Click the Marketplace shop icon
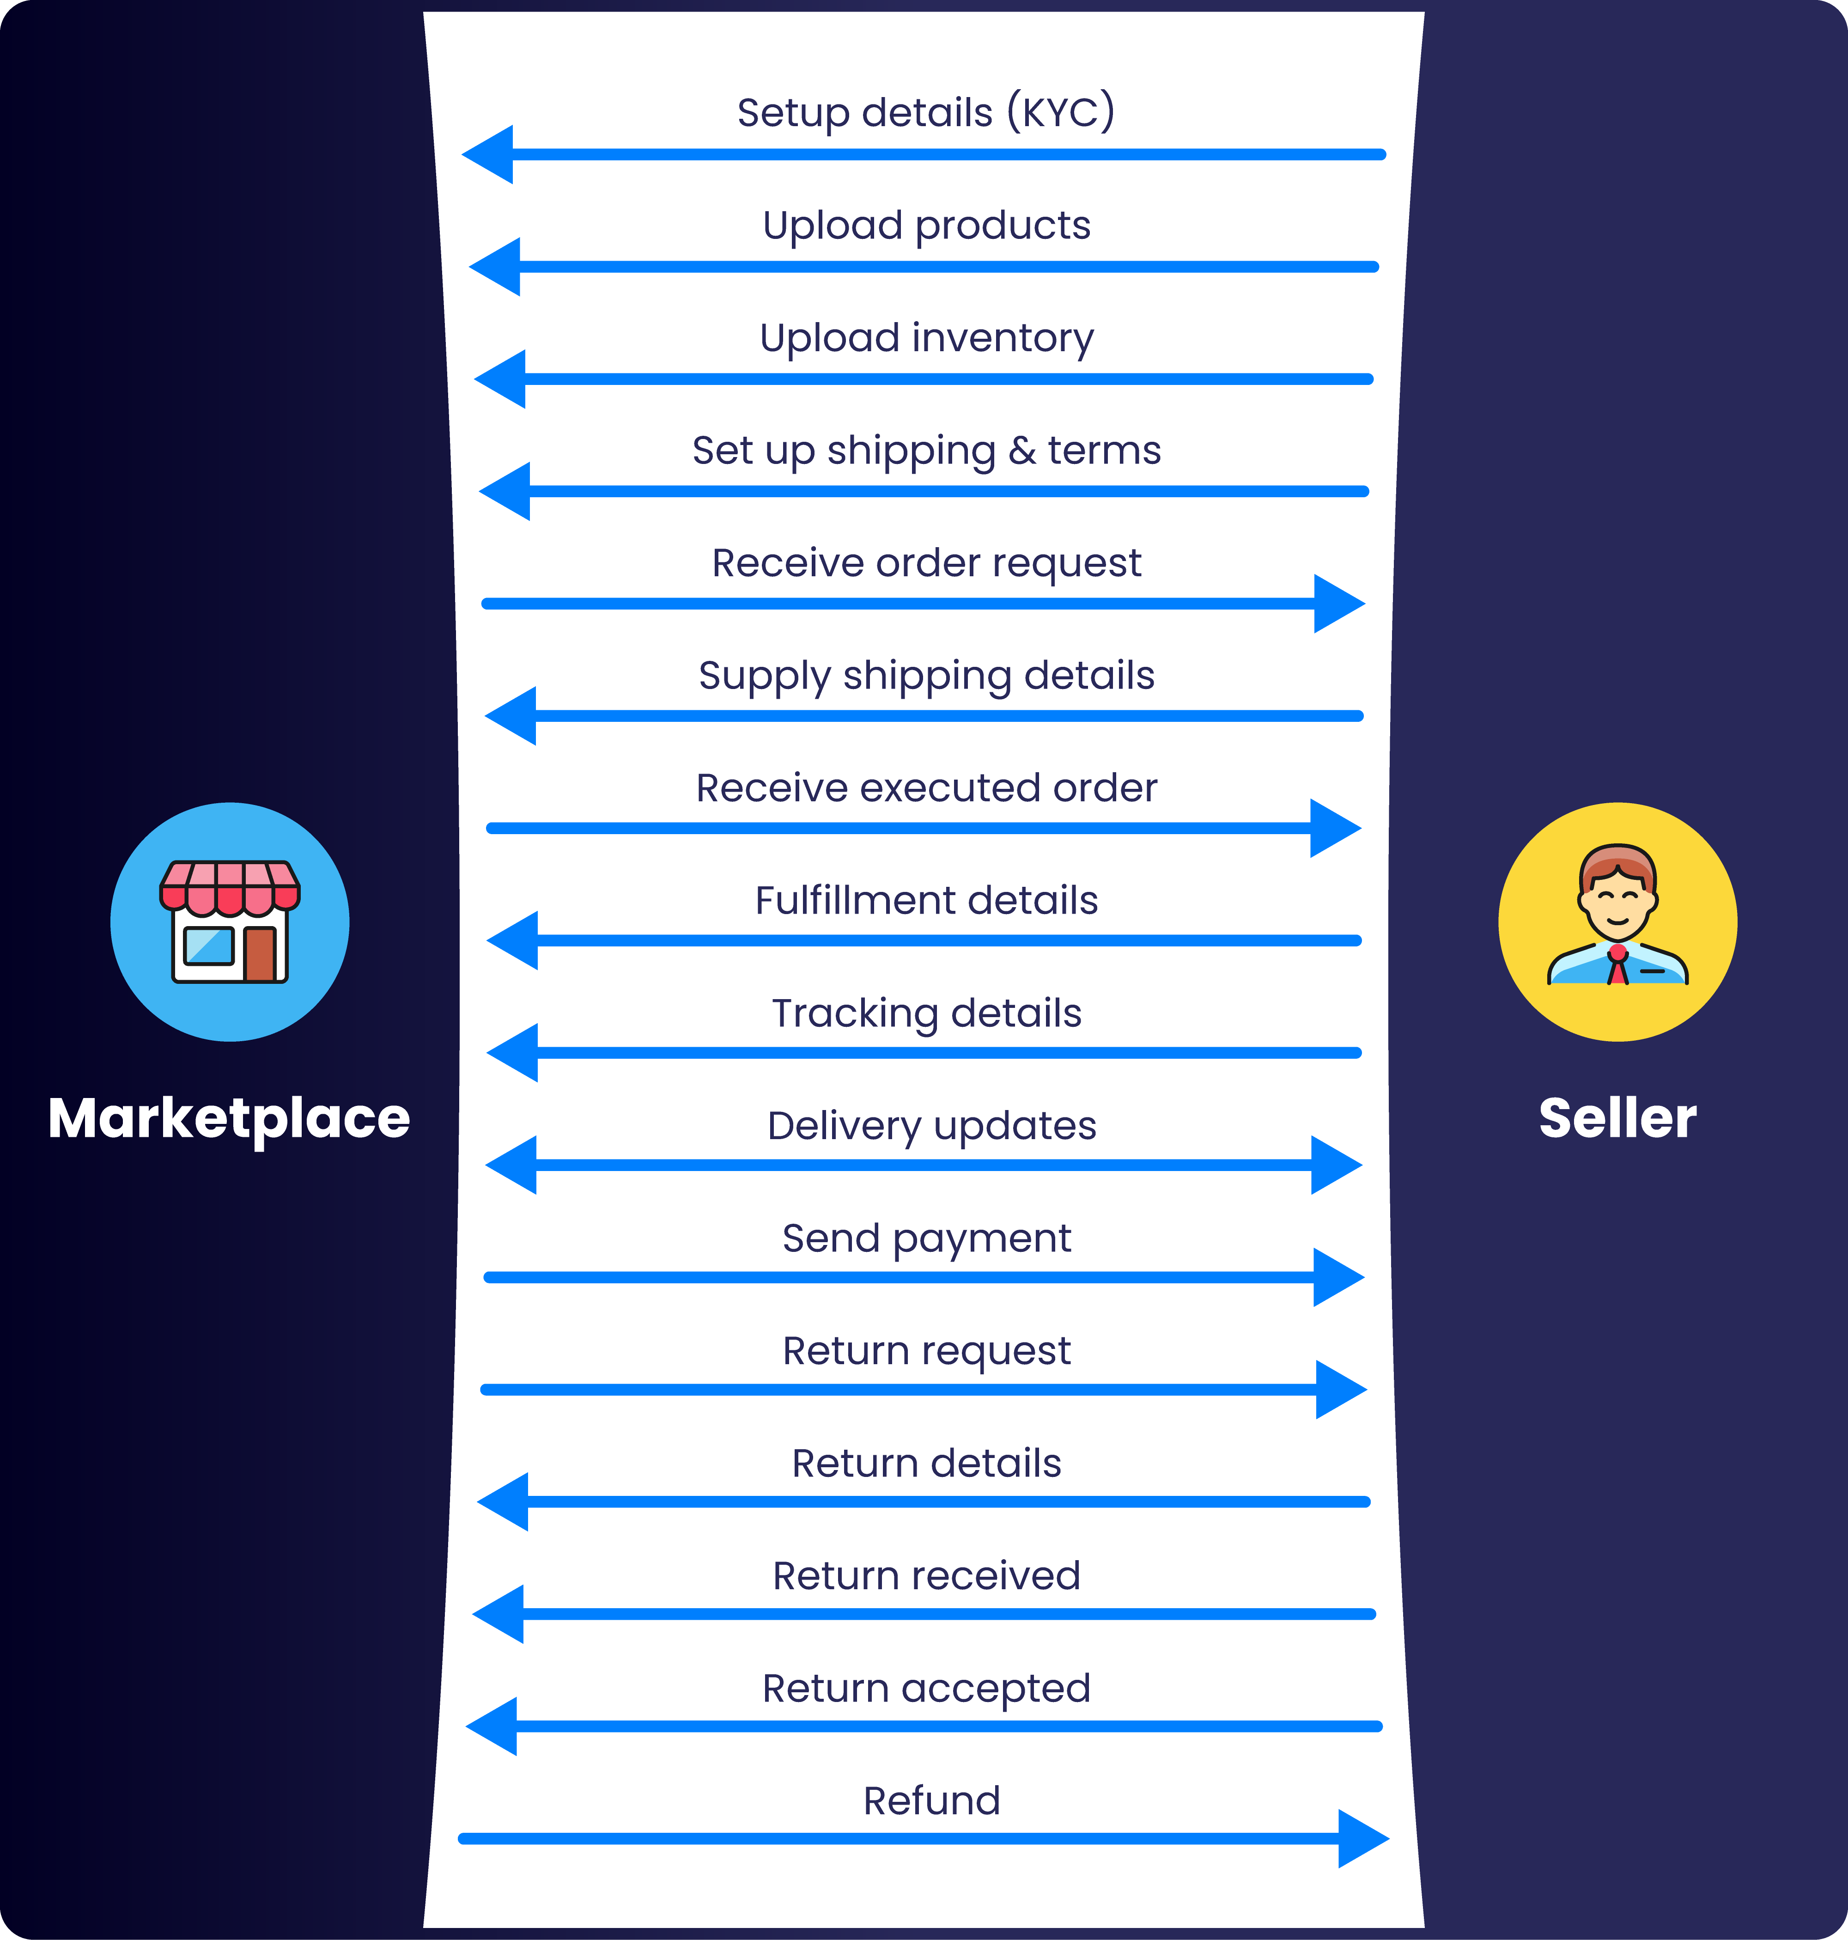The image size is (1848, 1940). click(230, 922)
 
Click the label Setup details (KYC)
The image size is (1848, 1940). click(926, 112)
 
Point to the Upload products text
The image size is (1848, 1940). click(926, 226)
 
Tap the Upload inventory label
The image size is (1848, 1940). click(926, 338)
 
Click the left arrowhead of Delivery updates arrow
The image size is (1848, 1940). click(512, 1165)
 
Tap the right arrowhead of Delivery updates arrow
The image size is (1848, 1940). click(1336, 1165)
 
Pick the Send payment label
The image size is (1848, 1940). click(926, 1238)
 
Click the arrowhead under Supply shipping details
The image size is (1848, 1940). click(512, 715)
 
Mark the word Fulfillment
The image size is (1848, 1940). click(841, 901)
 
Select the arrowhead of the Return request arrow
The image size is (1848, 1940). click(1340, 1389)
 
